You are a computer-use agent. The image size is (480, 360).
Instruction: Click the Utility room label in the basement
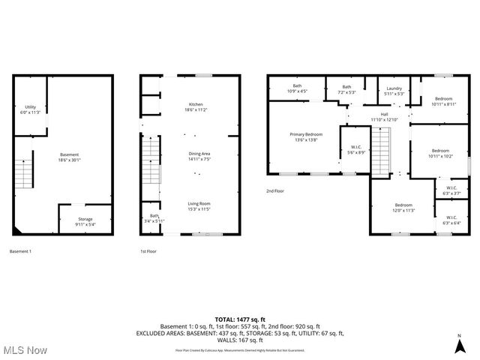pos(30,109)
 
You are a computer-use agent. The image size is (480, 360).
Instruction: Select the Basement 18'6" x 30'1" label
pos(70,157)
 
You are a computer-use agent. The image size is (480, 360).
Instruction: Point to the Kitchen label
pos(196,106)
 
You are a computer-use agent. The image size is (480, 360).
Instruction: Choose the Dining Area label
pos(199,156)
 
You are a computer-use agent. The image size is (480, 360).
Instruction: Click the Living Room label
pos(199,206)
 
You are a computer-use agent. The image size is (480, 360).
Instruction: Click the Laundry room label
pos(394,90)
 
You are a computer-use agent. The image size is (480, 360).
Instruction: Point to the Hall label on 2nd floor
pos(384,117)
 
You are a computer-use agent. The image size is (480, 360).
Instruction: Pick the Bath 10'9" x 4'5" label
pos(297,88)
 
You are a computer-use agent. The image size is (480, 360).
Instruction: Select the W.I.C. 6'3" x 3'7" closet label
pos(451,190)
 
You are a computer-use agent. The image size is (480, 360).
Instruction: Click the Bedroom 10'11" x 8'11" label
pos(443,102)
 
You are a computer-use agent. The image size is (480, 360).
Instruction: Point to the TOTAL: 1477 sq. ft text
pos(239,319)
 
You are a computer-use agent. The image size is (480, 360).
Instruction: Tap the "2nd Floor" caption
pos(274,191)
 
